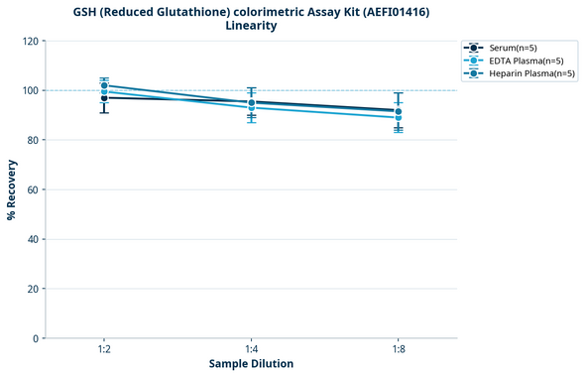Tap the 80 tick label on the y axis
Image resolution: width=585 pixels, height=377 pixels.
pyautogui.click(x=31, y=140)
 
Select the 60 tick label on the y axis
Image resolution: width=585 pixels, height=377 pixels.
pyautogui.click(x=31, y=189)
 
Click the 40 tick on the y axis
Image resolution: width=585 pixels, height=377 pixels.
pyautogui.click(x=31, y=239)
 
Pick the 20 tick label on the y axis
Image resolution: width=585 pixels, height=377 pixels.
pyautogui.click(x=31, y=289)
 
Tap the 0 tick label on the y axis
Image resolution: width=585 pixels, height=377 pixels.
pyautogui.click(x=34, y=338)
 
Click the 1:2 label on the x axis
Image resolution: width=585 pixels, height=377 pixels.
pyautogui.click(x=104, y=350)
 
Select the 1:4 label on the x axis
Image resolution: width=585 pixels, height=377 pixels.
pyautogui.click(x=251, y=350)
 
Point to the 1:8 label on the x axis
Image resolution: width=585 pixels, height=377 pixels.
pyautogui.click(x=398, y=350)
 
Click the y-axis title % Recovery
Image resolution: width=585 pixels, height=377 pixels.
pyautogui.click(x=12, y=189)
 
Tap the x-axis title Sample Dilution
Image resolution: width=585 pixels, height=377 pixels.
pyautogui.click(x=251, y=364)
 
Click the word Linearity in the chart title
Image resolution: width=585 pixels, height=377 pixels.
pyautogui.click(x=251, y=26)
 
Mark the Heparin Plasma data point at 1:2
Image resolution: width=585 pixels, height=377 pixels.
pyautogui.click(x=104, y=85)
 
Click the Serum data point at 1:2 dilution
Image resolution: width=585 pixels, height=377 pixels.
pyautogui.click(x=104, y=97)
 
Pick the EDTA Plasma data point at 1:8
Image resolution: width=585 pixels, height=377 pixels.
pyautogui.click(x=398, y=117)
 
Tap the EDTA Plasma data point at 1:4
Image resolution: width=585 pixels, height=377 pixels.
pyautogui.click(x=251, y=107)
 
